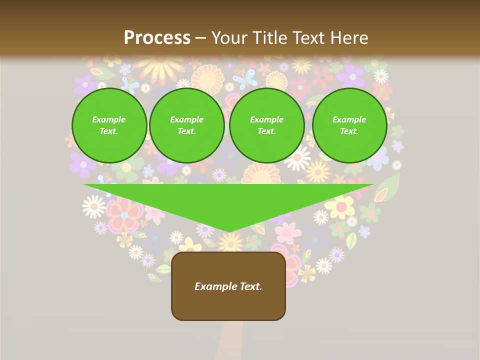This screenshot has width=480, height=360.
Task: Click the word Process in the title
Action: tap(157, 38)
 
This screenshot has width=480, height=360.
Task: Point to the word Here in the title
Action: tap(349, 38)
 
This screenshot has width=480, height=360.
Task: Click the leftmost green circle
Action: tap(109, 125)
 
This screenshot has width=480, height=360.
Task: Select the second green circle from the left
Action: tap(187, 125)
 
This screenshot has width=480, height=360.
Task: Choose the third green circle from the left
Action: tap(267, 125)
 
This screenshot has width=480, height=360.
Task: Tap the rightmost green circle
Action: tap(349, 125)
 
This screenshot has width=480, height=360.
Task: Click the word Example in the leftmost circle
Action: tap(109, 119)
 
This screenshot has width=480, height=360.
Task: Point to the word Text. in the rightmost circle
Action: tap(349, 131)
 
